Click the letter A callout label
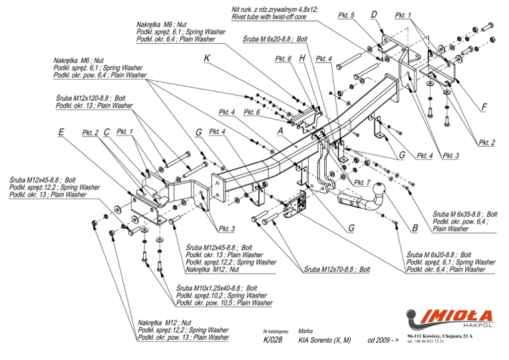280,131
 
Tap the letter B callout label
415,228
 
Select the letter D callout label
374,15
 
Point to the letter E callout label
61,132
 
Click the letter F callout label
484,107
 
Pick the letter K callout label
207,58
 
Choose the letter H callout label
302,58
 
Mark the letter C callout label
107,132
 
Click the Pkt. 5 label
346,15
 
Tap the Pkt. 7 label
363,182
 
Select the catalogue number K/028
272,340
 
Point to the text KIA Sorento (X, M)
324,340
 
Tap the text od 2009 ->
383,340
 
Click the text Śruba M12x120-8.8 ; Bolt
91,98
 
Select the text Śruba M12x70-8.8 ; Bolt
337,269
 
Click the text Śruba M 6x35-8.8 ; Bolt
465,214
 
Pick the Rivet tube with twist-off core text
269,17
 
